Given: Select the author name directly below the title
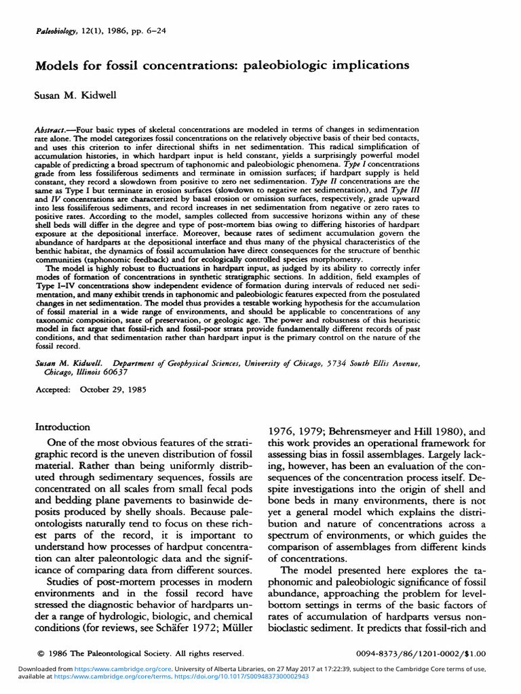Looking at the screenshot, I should point(75,96).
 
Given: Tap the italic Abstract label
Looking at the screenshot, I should point(52,129).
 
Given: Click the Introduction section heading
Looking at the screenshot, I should point(62,427).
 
